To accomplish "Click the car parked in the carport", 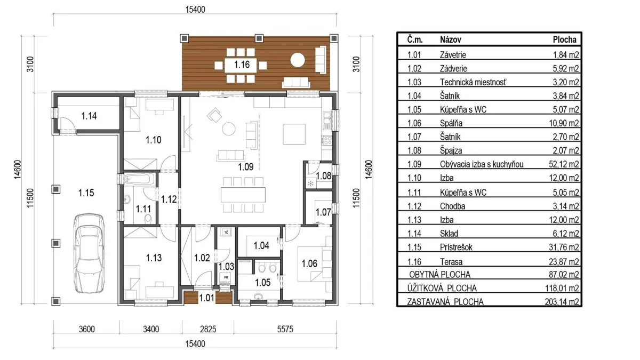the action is point(89,253).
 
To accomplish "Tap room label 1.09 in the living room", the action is point(246,166).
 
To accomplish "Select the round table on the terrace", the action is point(298,60).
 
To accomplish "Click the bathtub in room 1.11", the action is point(140,179).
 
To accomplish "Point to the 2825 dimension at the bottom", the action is point(208,329).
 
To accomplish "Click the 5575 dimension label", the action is point(285,329).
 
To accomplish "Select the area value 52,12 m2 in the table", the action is point(564,164).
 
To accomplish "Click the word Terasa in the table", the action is point(451,262).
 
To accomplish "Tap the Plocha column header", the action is point(565,39).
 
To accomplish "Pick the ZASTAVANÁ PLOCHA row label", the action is point(445,302).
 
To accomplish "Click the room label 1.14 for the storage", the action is point(89,116).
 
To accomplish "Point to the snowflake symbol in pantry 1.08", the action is point(310,183).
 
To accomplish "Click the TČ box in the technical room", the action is point(226,232).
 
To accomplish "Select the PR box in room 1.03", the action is point(226,277).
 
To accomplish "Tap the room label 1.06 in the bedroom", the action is point(309,263).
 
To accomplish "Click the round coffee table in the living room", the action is point(229,129).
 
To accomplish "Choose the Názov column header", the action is point(451,39).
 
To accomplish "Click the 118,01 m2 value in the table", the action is point(562,288).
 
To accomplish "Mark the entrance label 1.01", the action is point(206,298).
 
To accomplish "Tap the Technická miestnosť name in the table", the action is point(473,82).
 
